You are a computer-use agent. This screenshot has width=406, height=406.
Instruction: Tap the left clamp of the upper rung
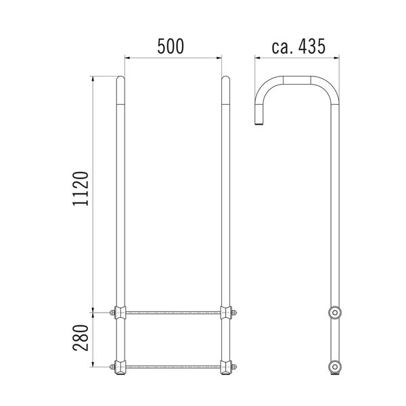tap(120, 313)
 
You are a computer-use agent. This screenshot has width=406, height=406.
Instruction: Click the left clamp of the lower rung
tap(120, 367)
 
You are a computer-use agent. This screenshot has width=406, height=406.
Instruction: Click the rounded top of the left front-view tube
tap(120, 79)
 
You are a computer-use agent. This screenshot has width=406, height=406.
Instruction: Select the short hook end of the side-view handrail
tap(258, 119)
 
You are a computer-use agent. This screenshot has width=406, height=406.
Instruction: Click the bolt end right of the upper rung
tap(236, 313)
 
